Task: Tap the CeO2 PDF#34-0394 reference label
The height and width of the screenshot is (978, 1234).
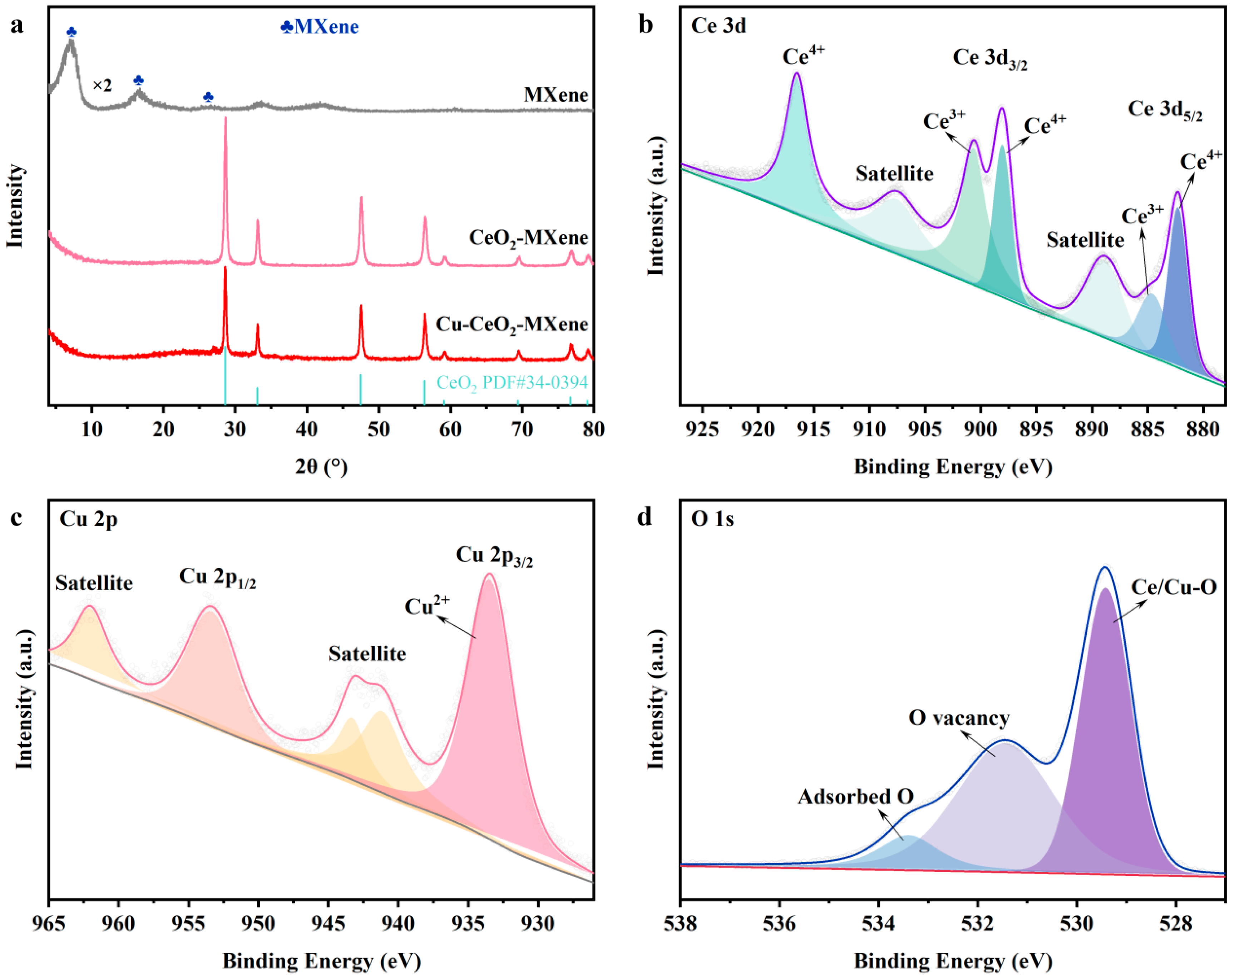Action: click(512, 382)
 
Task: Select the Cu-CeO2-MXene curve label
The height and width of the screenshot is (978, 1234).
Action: click(512, 324)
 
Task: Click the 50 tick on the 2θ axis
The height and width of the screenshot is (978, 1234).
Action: click(378, 429)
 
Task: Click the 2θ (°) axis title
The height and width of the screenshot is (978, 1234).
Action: click(321, 467)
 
